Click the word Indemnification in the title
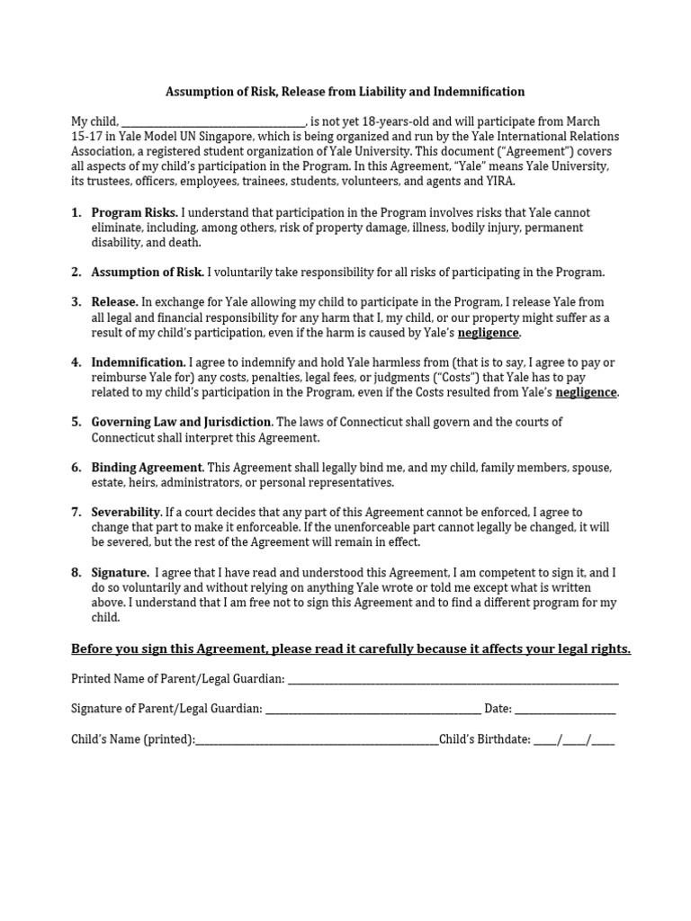point(480,92)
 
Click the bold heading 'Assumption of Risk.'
point(148,273)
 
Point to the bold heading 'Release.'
point(115,302)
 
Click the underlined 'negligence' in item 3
point(489,333)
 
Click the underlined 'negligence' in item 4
point(587,392)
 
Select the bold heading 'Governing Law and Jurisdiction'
point(181,422)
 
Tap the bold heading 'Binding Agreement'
point(147,468)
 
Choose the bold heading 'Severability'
point(126,512)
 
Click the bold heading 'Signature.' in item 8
point(121,572)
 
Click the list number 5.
point(76,422)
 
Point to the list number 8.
point(76,572)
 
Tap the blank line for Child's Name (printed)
point(317,741)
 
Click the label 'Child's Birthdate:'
point(484,740)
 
